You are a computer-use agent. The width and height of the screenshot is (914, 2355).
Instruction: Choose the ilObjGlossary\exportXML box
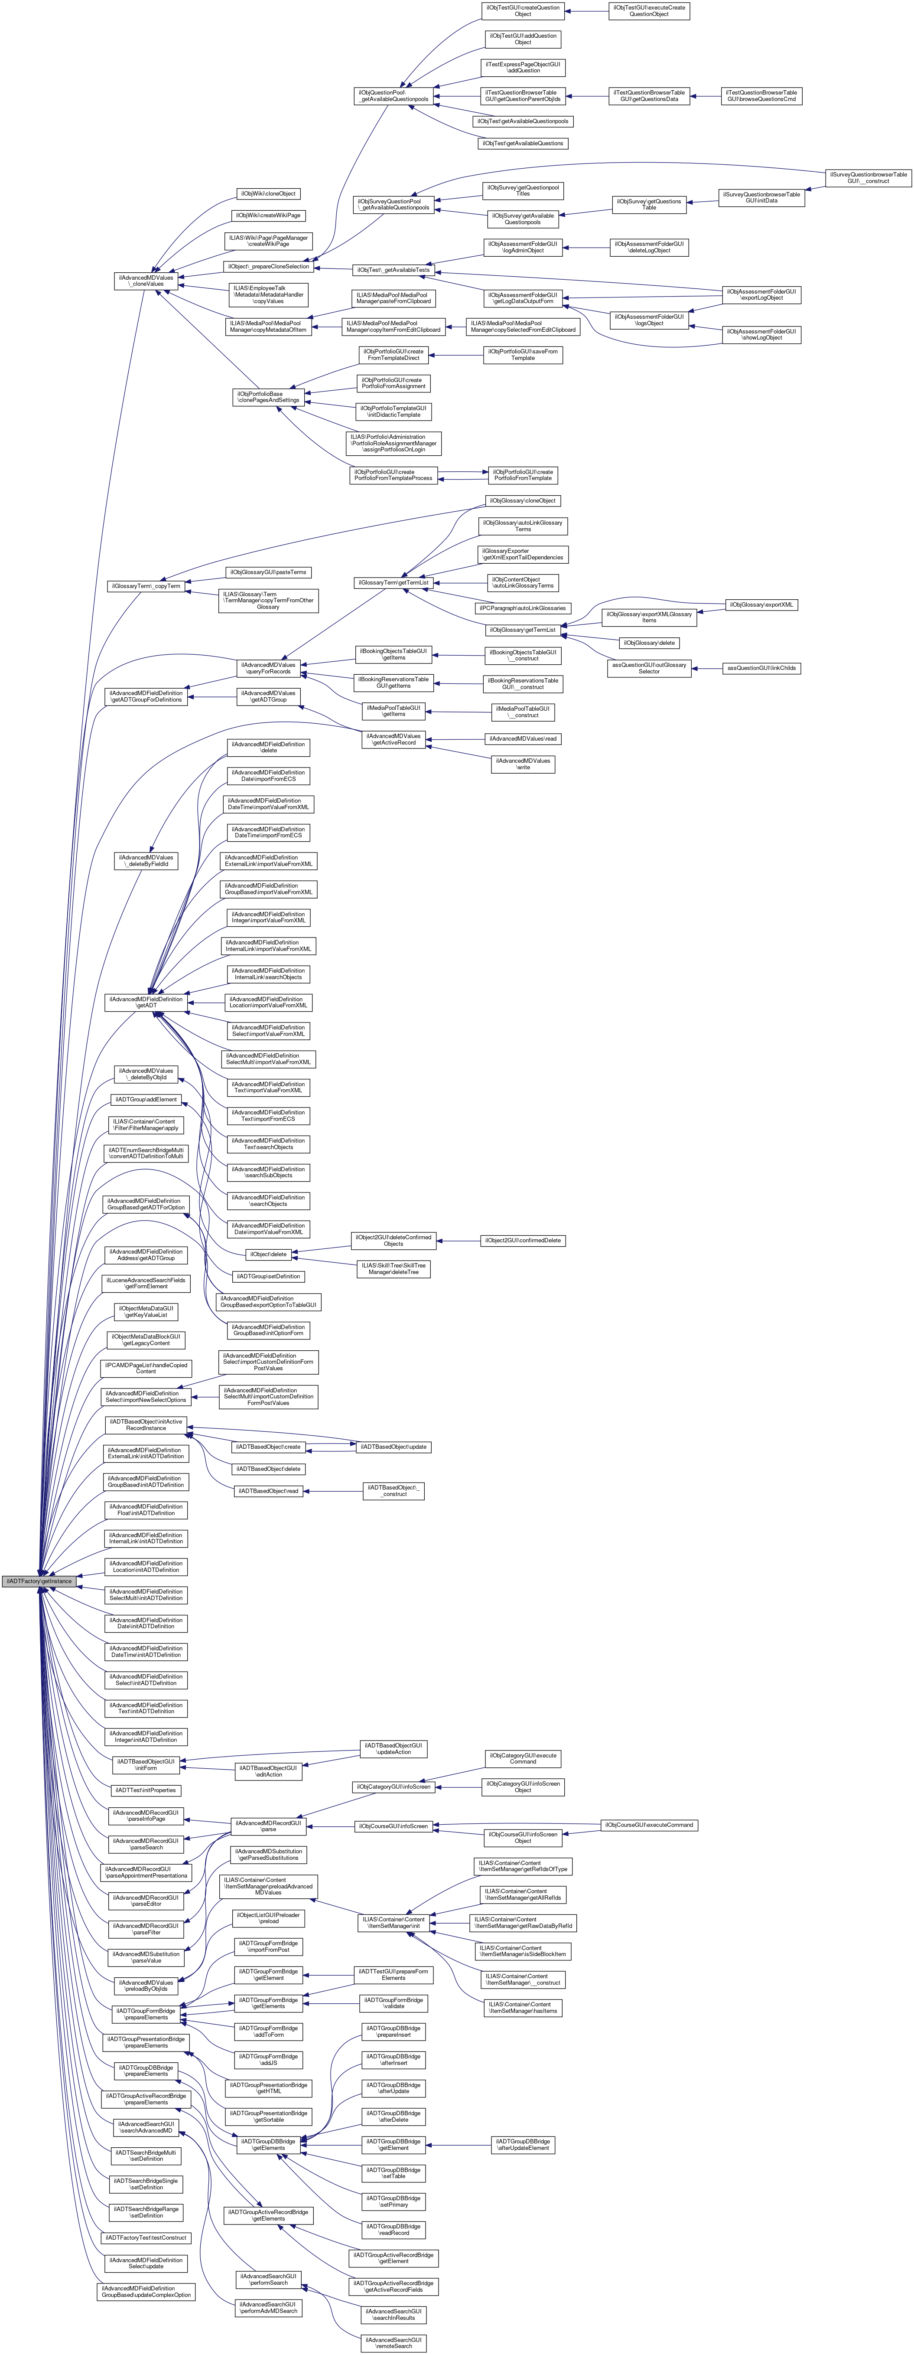(761, 605)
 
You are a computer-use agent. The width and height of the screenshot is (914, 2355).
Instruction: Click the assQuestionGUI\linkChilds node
(761, 668)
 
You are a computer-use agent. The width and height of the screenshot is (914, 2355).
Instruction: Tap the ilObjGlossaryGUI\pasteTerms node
(268, 572)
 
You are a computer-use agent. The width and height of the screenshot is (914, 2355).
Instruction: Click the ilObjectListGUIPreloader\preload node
(268, 1918)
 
